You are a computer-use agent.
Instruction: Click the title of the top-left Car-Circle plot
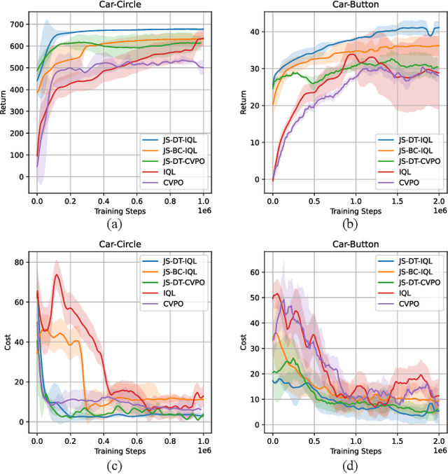tap(120, 6)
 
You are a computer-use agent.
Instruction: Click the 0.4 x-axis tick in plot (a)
tap(103, 200)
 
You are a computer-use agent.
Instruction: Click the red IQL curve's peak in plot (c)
tap(57, 274)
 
